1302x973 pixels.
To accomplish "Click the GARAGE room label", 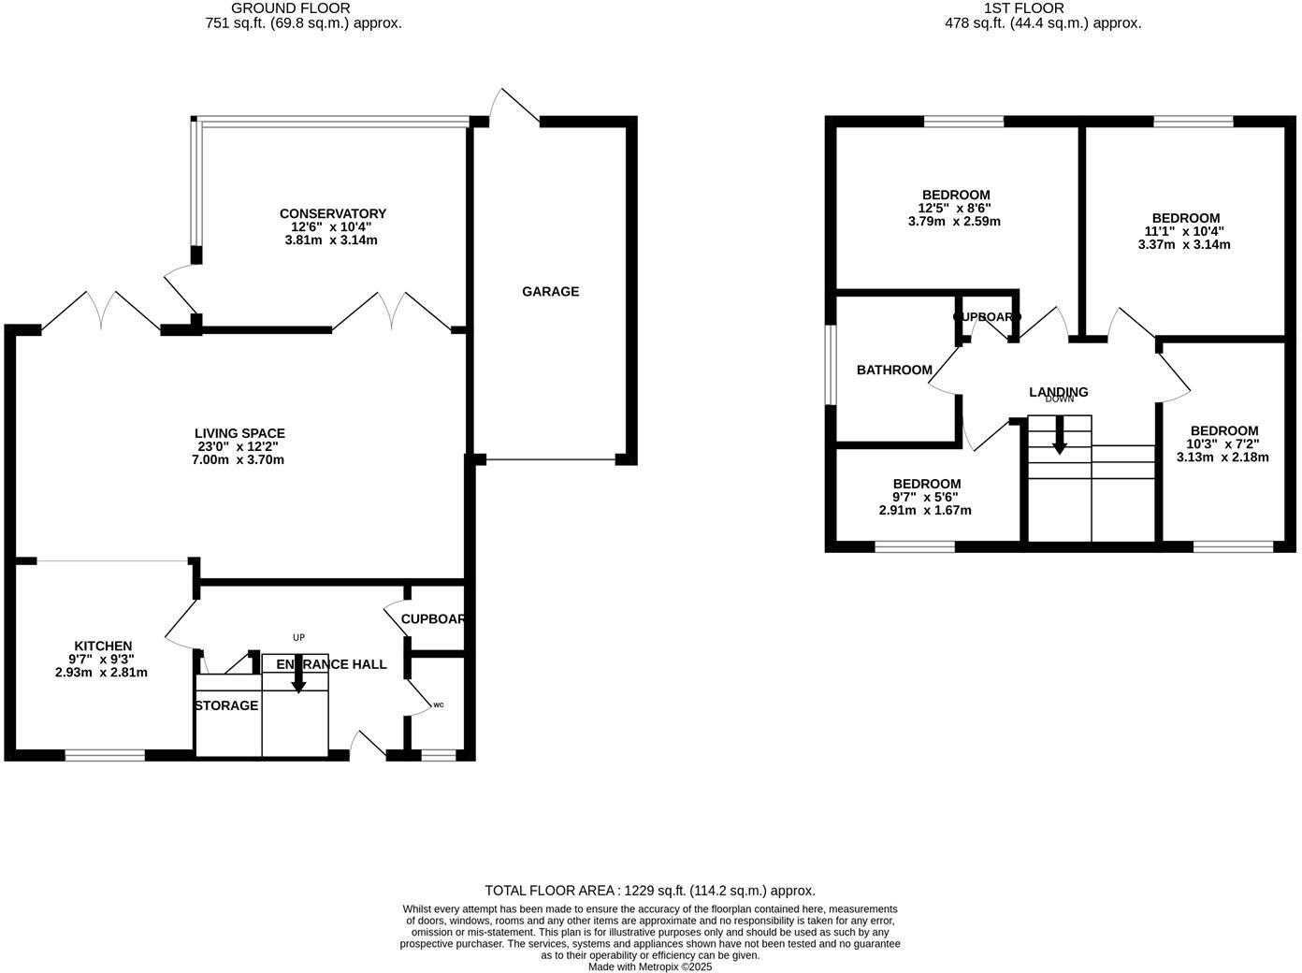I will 550,292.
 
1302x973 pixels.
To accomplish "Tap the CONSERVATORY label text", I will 332,214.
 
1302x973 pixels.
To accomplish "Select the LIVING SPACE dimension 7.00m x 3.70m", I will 239,459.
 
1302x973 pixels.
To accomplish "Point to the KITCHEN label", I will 103,646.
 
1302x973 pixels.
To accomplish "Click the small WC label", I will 438,704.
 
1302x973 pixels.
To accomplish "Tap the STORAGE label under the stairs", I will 226,705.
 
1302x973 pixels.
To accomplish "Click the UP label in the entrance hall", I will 298,638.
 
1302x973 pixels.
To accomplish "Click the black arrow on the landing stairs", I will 1059,437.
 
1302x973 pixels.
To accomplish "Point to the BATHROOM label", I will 894,370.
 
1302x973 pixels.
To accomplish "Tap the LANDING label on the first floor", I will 1058,392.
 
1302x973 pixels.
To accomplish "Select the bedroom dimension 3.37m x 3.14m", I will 1184,245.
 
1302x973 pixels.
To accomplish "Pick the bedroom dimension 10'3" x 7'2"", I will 1222,444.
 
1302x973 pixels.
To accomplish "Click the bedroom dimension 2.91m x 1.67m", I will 925,511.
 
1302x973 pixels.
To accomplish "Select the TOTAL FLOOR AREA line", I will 650,891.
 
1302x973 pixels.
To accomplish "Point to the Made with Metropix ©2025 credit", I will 650,967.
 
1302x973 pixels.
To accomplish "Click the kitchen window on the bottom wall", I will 105,755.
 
